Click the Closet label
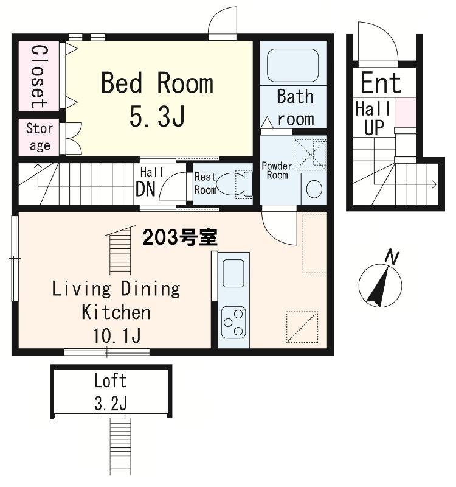coord(38,75)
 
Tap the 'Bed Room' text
coord(157,83)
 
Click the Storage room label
coord(40,137)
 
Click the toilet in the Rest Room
coord(233,183)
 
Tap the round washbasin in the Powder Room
coord(314,189)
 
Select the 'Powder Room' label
coord(277,170)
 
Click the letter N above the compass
coord(393,258)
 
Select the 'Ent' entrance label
coord(381,83)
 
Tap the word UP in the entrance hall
coord(371,128)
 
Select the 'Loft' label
coord(111,381)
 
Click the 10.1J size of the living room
coord(116,335)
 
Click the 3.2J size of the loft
coord(111,402)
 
